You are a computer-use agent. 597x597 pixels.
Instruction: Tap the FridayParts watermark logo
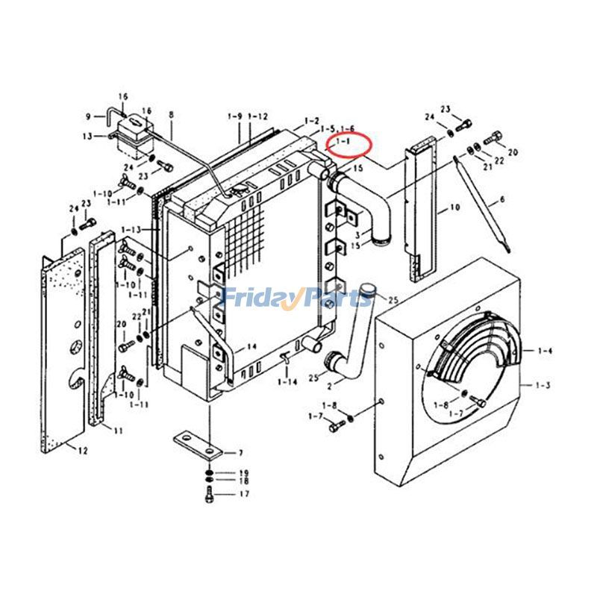point(298,298)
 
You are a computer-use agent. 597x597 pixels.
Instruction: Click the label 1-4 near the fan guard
point(546,350)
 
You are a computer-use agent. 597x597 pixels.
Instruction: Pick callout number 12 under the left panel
point(83,450)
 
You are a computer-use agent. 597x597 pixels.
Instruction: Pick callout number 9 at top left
point(88,116)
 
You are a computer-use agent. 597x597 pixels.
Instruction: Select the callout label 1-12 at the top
point(258,116)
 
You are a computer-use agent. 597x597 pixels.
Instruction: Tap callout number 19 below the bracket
point(243,473)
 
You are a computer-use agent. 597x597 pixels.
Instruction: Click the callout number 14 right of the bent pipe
point(251,346)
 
